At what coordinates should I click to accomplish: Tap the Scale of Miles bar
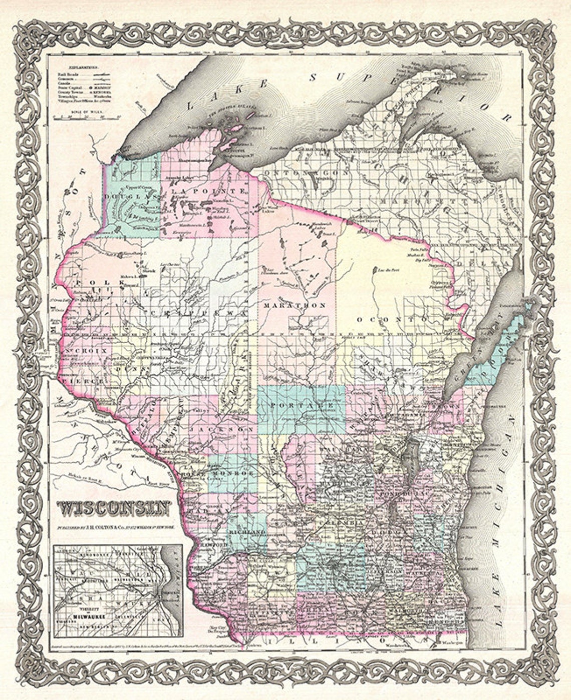pos(88,118)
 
